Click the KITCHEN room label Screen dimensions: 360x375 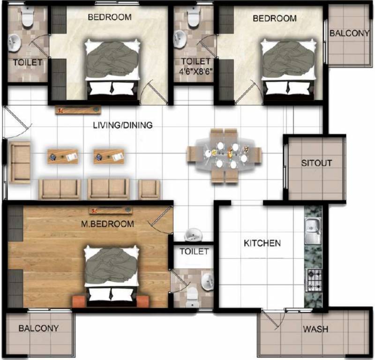262,243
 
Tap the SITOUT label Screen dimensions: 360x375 316,163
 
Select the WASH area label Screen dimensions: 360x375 315,329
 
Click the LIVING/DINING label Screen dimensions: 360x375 122,126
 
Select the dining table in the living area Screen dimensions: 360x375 224,155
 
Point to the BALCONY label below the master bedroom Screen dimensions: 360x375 39,328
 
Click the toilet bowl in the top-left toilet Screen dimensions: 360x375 27,18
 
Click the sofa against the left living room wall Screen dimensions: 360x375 20,163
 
